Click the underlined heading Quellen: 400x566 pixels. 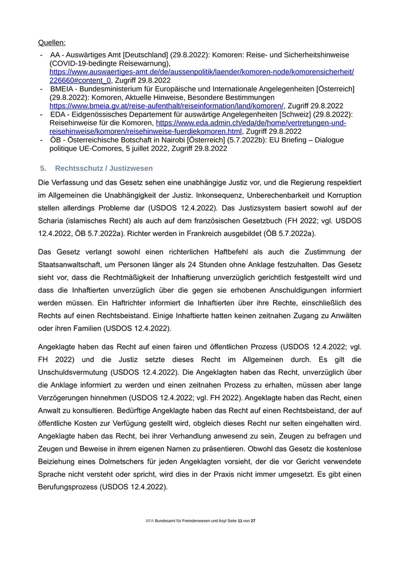pyautogui.click(x=51, y=42)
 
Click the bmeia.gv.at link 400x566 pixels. pyautogui.click(x=166, y=106)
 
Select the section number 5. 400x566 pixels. pyautogui.click(x=43, y=169)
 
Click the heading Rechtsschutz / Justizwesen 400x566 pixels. pyautogui.click(x=103, y=169)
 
